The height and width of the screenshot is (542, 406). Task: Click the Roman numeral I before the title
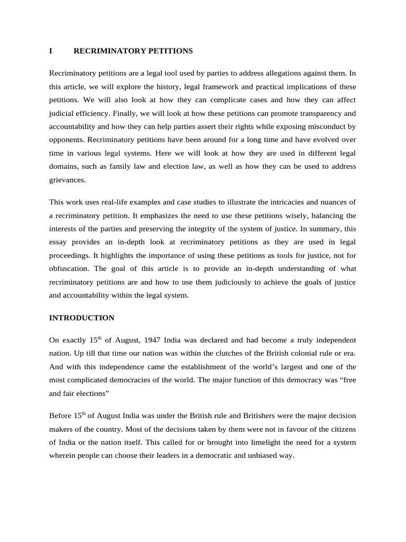coord(51,51)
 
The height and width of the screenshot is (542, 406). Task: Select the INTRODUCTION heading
coord(81,318)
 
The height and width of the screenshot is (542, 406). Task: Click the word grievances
coord(67,180)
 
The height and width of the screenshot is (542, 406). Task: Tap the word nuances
coord(331,202)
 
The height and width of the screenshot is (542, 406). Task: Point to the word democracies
coord(140,380)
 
